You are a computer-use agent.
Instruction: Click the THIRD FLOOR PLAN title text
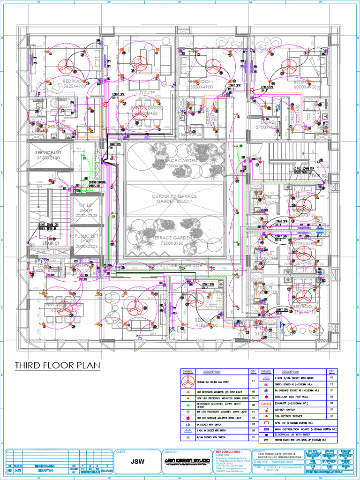coord(57,365)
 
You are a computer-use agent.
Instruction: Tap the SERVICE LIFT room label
coord(48,155)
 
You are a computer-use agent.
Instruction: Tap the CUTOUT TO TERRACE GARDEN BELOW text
coord(174,198)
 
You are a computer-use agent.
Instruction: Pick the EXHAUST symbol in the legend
coord(266,403)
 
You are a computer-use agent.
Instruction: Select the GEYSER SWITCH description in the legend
coord(285,410)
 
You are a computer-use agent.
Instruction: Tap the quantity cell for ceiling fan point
coord(253,382)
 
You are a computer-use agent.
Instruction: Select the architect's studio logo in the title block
coord(187,462)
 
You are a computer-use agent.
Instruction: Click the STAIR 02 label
coord(317,175)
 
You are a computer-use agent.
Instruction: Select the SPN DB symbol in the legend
coord(266,422)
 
